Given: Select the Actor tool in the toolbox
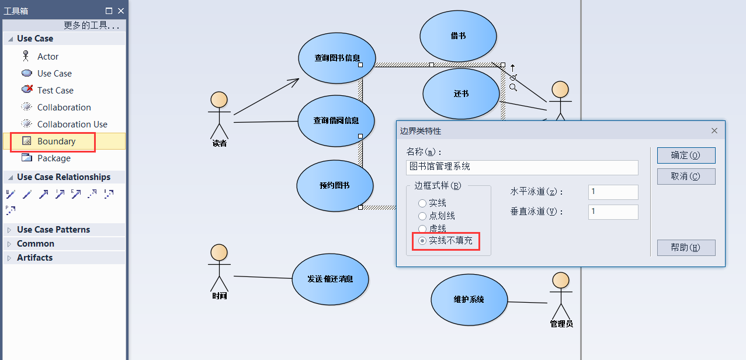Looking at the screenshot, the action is pyautogui.click(x=47, y=57).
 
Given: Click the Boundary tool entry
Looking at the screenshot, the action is pyautogui.click(x=56, y=141).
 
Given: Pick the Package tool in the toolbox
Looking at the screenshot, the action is pyautogui.click(x=53, y=158).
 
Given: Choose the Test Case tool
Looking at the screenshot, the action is pyautogui.click(x=55, y=91).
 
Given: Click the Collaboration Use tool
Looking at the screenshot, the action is pyautogui.click(x=72, y=124).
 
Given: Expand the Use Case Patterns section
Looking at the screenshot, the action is pyautogui.click(x=53, y=230).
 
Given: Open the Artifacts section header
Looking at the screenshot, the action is pyautogui.click(x=34, y=258).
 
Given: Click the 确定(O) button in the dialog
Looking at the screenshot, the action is pyautogui.click(x=686, y=155).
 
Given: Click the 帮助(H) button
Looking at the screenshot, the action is pyautogui.click(x=686, y=248).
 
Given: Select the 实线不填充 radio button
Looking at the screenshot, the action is pyautogui.click(x=422, y=241).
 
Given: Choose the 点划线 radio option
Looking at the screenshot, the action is pyautogui.click(x=422, y=216).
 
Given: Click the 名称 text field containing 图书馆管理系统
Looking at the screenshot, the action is pyautogui.click(x=522, y=167).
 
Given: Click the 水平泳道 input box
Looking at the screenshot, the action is pyautogui.click(x=613, y=192).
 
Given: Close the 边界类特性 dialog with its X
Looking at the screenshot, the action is pyautogui.click(x=714, y=131).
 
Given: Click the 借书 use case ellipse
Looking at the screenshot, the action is pyautogui.click(x=458, y=36).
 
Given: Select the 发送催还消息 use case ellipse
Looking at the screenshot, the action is pyautogui.click(x=330, y=279).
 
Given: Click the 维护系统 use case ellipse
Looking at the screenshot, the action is pyautogui.click(x=469, y=299).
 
